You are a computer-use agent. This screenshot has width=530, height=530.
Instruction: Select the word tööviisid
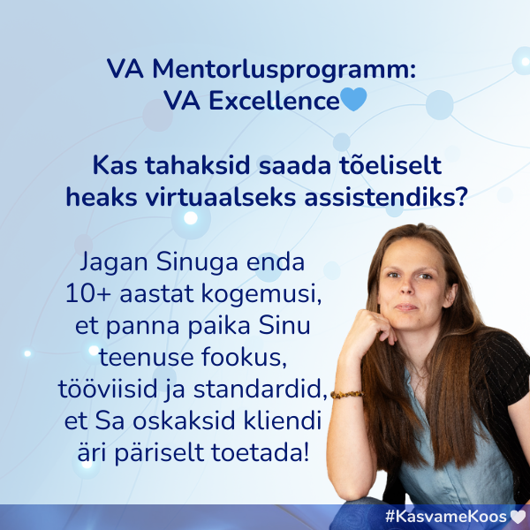pos(121,390)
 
